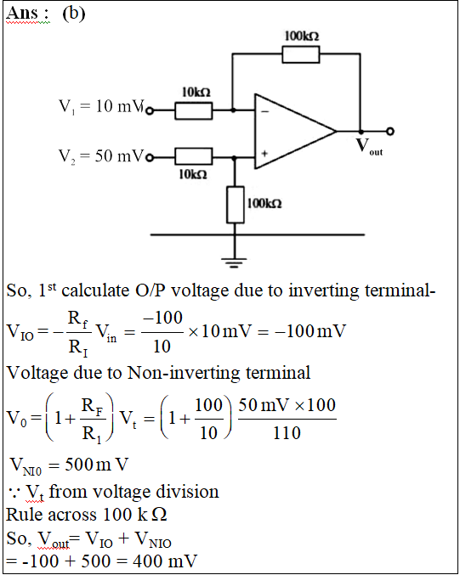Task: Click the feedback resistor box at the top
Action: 301,54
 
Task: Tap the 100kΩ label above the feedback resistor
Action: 302,36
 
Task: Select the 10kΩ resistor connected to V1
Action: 194,110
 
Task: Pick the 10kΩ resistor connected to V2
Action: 194,156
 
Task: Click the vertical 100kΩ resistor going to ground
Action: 236,205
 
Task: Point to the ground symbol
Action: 234,263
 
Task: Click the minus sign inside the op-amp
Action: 265,111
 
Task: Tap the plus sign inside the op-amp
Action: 264,154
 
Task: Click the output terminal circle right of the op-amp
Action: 390,132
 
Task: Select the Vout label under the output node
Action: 369,146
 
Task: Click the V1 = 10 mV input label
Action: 101,106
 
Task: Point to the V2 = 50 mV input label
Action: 101,155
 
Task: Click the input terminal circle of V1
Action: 150,110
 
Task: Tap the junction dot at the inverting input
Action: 233,110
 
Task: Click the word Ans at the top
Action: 23,13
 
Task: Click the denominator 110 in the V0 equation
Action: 287,432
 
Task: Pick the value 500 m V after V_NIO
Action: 97,465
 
